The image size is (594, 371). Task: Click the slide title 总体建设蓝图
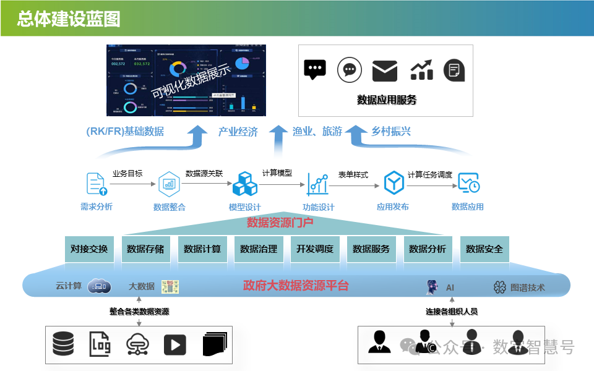pyautogui.click(x=69, y=19)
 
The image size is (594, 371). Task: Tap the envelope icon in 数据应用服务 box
pyautogui.click(x=384, y=70)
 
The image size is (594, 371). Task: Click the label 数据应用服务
pyautogui.click(x=387, y=100)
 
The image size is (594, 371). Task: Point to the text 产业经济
pyautogui.click(x=238, y=131)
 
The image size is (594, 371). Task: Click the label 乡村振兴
pyautogui.click(x=391, y=131)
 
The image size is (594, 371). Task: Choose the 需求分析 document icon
pyautogui.click(x=95, y=184)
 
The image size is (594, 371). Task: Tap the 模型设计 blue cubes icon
pyautogui.click(x=244, y=184)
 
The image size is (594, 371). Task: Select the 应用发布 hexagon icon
pyautogui.click(x=394, y=183)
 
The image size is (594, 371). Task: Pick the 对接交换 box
pyautogui.click(x=88, y=249)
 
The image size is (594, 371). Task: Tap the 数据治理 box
pyautogui.click(x=259, y=249)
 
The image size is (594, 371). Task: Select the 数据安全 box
pyautogui.click(x=484, y=249)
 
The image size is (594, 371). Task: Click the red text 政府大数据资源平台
pyautogui.click(x=296, y=286)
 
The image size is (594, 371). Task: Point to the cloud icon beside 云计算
pyautogui.click(x=99, y=286)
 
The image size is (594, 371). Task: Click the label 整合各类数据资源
pyautogui.click(x=139, y=312)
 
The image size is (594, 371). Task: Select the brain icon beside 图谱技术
pyautogui.click(x=500, y=287)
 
